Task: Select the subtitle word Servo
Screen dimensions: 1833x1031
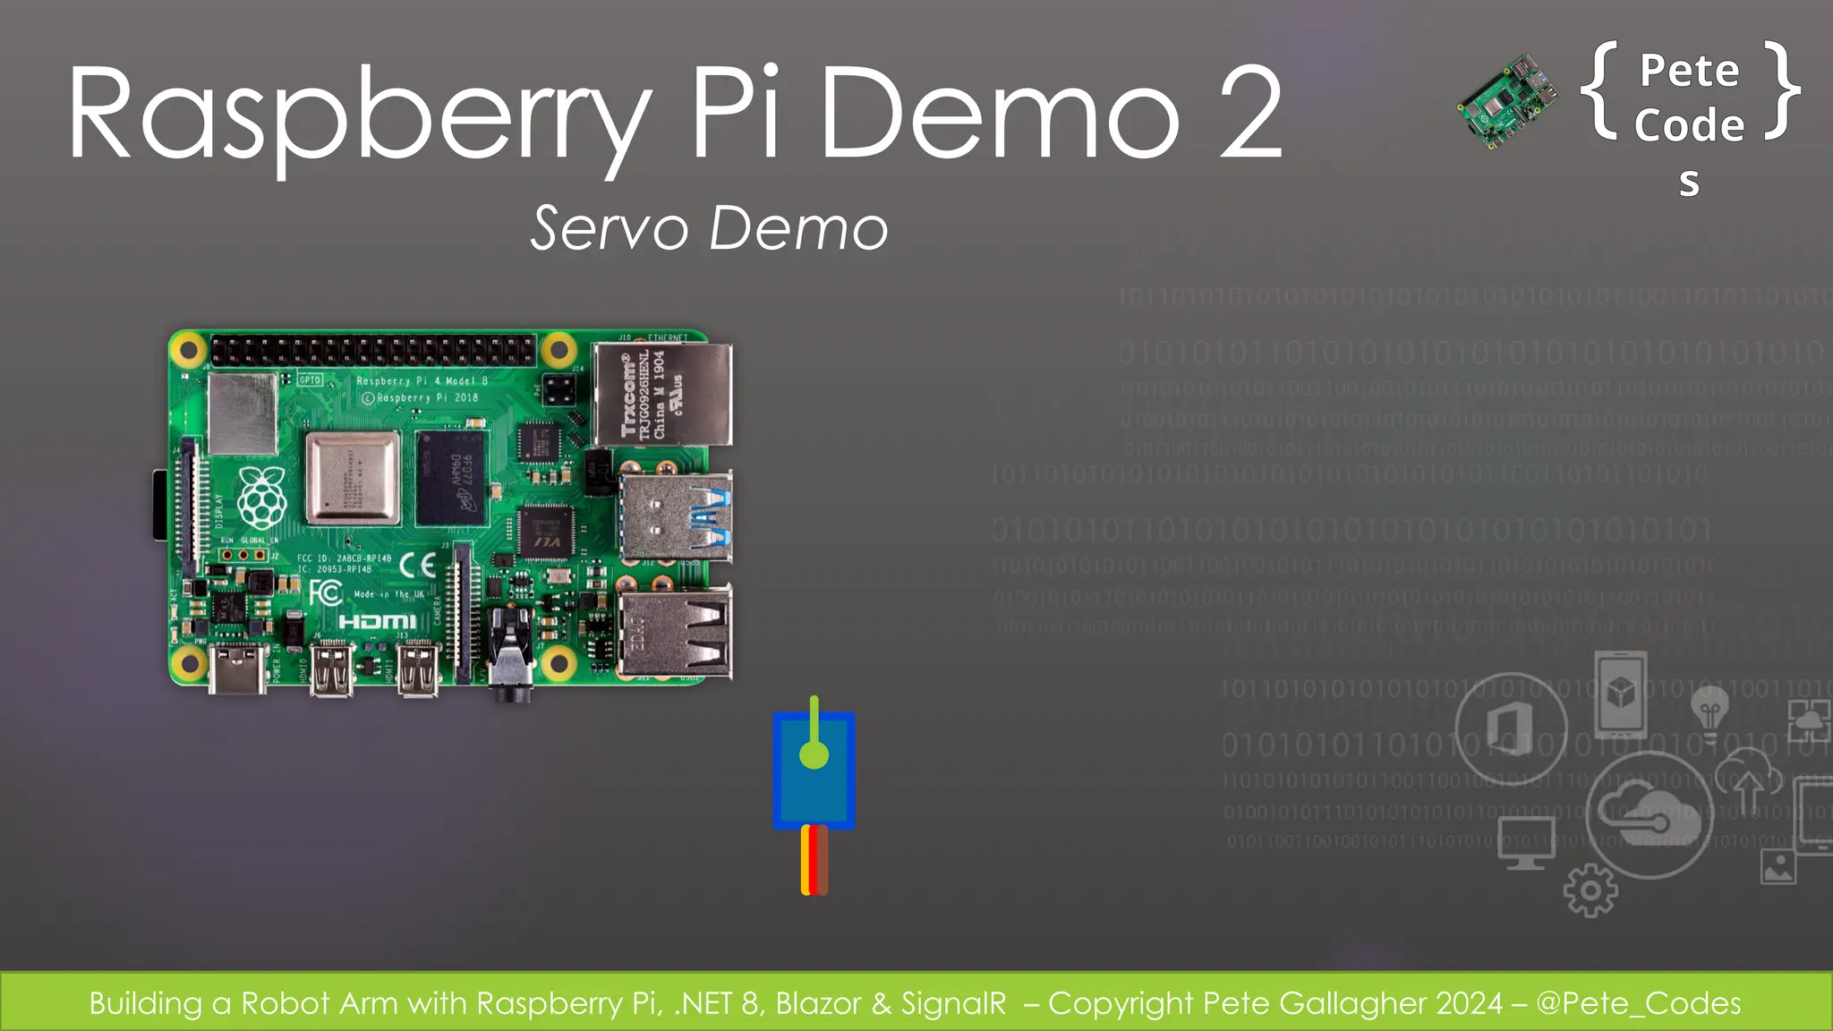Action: click(609, 228)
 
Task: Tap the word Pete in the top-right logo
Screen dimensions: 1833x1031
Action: click(1689, 72)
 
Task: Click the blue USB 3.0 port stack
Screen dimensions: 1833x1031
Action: click(676, 517)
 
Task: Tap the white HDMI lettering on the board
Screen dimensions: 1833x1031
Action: click(377, 621)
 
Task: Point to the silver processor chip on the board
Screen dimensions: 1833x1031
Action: click(353, 477)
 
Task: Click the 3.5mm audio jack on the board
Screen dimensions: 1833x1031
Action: click(511, 667)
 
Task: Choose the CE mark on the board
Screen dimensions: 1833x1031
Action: click(418, 565)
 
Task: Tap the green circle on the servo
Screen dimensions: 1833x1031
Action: click(814, 754)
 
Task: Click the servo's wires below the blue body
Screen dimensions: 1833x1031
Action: click(814, 860)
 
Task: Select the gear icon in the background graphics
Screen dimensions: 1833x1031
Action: click(1590, 890)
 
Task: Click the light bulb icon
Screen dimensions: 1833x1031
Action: click(1709, 713)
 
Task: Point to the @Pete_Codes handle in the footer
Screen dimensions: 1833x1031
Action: click(1638, 1003)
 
